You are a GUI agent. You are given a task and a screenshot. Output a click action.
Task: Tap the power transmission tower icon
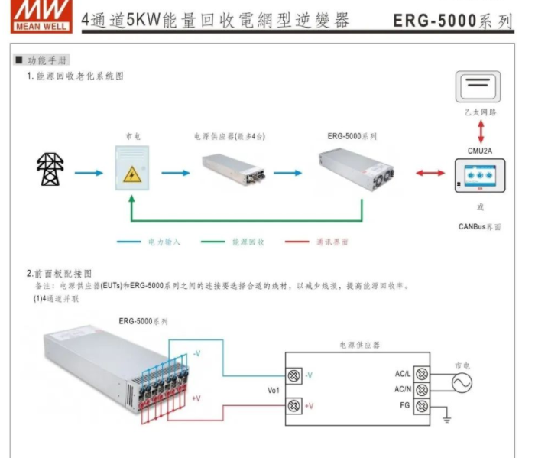click(x=51, y=171)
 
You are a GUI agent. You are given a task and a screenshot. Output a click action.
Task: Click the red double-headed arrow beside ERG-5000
click(x=430, y=173)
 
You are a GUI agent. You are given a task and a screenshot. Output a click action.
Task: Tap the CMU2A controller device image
click(x=479, y=177)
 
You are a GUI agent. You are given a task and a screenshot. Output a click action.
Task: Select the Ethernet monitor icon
click(x=479, y=86)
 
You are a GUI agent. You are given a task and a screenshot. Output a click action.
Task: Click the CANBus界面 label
click(x=479, y=226)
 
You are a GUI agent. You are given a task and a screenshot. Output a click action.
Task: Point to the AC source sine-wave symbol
click(x=462, y=382)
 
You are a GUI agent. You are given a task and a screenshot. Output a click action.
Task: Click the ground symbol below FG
click(x=447, y=419)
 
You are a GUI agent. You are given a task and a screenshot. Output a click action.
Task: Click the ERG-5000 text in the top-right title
click(x=434, y=21)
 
